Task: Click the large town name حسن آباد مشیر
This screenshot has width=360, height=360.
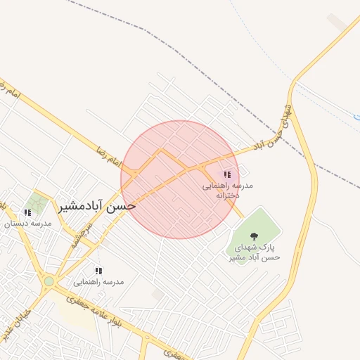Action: [x=97, y=205]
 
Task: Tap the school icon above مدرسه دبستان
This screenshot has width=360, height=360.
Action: [x=27, y=212]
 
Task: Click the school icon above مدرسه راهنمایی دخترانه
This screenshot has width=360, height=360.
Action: [x=227, y=174]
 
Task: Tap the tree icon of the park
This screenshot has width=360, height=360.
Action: [x=253, y=236]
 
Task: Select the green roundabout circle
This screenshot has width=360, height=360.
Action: [x=49, y=281]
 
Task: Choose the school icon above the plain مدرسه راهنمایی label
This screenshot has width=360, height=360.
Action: [x=98, y=271]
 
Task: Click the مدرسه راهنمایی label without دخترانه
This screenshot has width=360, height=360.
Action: [x=103, y=281]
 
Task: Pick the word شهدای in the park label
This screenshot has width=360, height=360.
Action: [x=252, y=247]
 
